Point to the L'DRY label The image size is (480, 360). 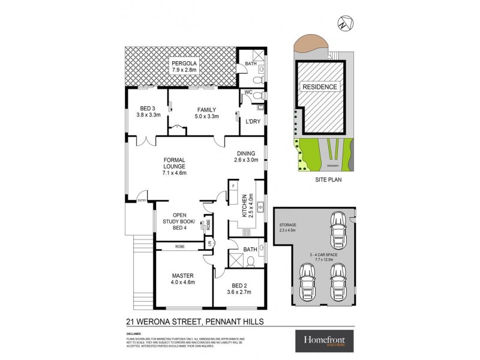pyautogui.click(x=252, y=122)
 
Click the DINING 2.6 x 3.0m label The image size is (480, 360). pyautogui.click(x=247, y=157)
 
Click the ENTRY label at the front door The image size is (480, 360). pyautogui.click(x=142, y=200)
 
